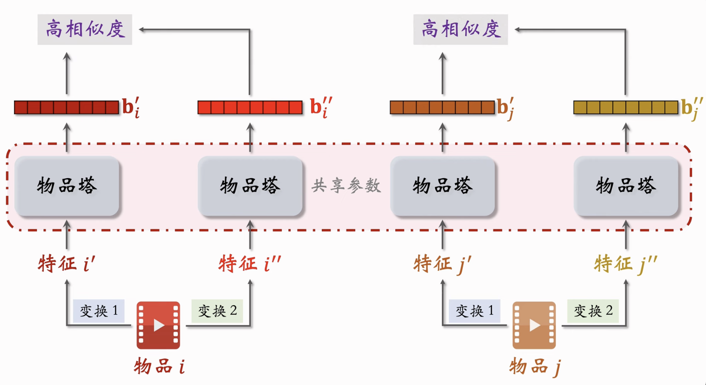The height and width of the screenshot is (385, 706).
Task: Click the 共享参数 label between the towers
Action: tap(346, 186)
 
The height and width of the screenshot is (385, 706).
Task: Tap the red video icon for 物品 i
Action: tap(158, 325)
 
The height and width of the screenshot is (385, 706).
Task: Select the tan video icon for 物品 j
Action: tap(534, 325)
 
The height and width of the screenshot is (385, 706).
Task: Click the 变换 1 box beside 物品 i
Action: tap(99, 311)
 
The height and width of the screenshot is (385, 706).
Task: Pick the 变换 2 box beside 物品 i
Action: tap(217, 311)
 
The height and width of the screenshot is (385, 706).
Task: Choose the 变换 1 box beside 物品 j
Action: tap(474, 311)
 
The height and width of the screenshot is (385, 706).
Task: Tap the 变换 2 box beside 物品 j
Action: tap(593, 311)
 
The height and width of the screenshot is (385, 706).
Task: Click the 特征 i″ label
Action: tap(250, 264)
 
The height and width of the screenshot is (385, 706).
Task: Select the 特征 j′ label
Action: tap(442, 264)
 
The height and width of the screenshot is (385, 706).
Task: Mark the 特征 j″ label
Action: tap(625, 264)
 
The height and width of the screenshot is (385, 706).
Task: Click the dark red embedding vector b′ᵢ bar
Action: tap(66, 107)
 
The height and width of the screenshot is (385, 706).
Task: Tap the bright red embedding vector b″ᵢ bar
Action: tap(250, 107)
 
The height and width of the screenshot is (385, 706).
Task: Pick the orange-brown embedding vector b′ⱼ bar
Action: tap(442, 107)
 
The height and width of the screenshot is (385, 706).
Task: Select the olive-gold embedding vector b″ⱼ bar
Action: tap(625, 107)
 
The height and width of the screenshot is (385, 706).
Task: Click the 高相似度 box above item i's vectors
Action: tap(85, 30)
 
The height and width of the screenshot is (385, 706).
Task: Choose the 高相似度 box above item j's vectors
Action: tap(461, 30)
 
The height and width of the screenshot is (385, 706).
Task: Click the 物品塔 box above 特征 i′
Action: tap(67, 186)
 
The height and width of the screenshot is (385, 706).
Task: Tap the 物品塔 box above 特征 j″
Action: tap(626, 186)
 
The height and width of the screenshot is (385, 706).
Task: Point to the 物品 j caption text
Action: tap(535, 367)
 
